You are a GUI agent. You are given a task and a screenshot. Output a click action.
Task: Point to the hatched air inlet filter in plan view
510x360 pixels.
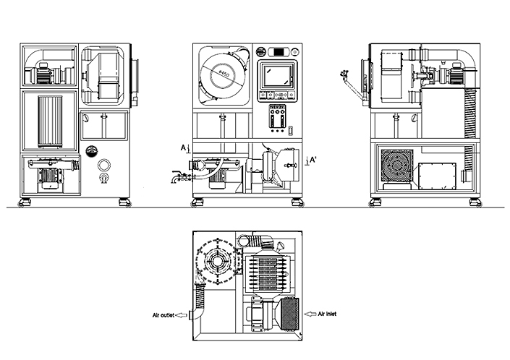[288, 314]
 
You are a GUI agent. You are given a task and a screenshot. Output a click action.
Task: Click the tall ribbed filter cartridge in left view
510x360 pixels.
[51, 119]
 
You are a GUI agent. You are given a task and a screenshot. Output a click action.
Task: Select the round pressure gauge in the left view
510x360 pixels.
[91, 150]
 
